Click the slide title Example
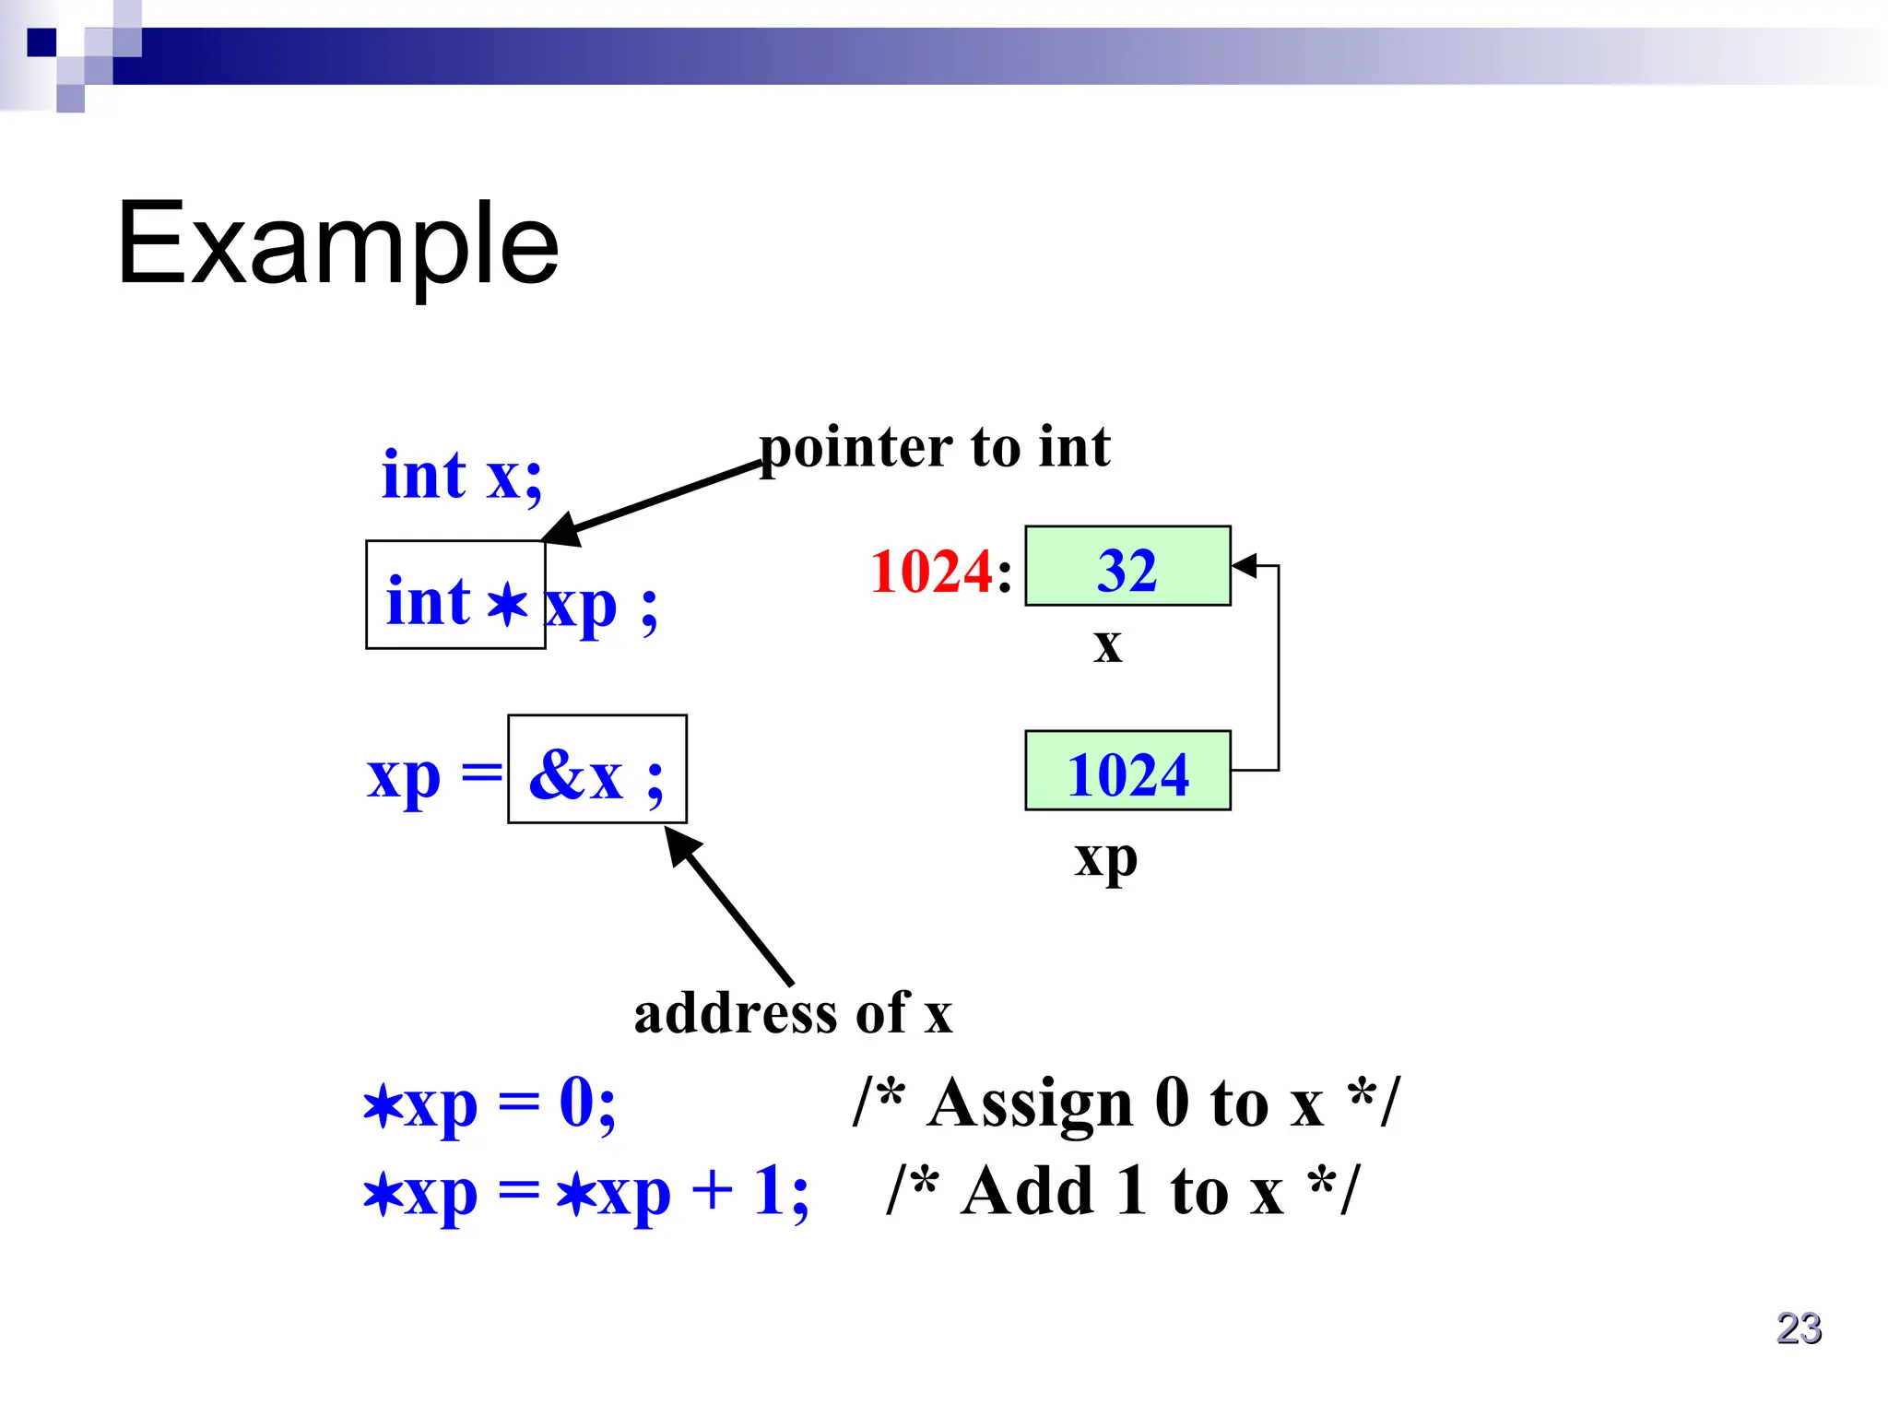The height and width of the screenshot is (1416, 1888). point(337,245)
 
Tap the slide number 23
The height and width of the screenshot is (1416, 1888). point(1799,1328)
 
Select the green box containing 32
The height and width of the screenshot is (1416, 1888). point(1127,566)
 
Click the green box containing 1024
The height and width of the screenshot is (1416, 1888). point(1127,771)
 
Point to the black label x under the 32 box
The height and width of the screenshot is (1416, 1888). point(1108,644)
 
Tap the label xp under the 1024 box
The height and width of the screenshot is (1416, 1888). point(1105,859)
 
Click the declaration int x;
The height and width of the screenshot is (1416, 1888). point(462,476)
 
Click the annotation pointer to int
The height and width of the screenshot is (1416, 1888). point(935,448)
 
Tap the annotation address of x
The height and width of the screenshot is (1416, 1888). point(793,1013)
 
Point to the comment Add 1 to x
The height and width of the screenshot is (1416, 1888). point(1122,1191)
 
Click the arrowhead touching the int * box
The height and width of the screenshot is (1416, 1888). point(560,529)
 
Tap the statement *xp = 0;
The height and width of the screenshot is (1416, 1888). point(489,1104)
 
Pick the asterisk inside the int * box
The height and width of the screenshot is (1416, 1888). point(506,605)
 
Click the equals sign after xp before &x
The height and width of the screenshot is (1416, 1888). point(481,771)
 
